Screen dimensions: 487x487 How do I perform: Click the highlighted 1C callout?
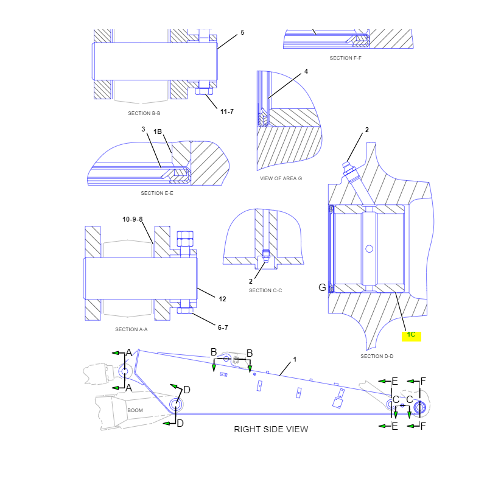click(x=412, y=335)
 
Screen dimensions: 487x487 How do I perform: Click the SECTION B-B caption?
click(x=144, y=113)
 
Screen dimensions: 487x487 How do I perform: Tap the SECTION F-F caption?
click(x=345, y=58)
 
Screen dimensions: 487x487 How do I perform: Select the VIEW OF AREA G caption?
click(x=281, y=178)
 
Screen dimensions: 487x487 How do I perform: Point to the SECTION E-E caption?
click(x=157, y=193)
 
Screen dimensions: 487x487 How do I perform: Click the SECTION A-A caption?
click(x=131, y=329)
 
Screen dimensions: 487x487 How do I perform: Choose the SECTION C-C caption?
click(x=265, y=291)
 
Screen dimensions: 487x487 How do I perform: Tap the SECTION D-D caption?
click(x=377, y=356)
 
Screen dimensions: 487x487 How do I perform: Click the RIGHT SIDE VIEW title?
click(x=271, y=429)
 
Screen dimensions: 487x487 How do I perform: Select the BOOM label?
click(x=135, y=410)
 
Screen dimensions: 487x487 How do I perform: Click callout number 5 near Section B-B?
click(x=242, y=33)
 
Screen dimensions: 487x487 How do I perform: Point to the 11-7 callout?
click(x=227, y=111)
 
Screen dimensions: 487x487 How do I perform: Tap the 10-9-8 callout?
click(x=132, y=219)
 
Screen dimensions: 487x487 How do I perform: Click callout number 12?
click(x=222, y=299)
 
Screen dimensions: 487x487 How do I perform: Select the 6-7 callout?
click(x=223, y=328)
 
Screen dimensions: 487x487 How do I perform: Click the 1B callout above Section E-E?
click(x=158, y=131)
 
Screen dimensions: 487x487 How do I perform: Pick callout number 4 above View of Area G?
click(x=306, y=71)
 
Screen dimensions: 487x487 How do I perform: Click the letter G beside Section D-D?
click(x=323, y=287)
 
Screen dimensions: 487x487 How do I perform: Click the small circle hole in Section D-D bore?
click(x=370, y=249)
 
